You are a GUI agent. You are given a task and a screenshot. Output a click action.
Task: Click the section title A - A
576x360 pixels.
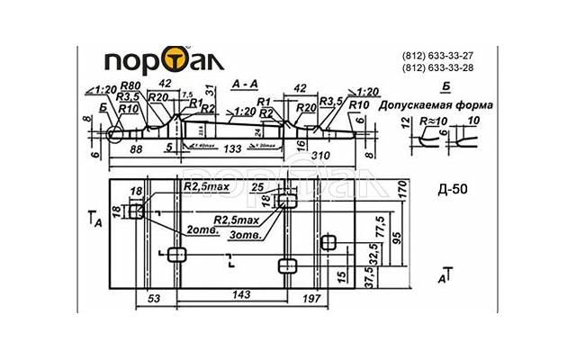coord(245,83)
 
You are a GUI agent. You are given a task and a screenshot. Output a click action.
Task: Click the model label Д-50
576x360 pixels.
coord(452,190)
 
